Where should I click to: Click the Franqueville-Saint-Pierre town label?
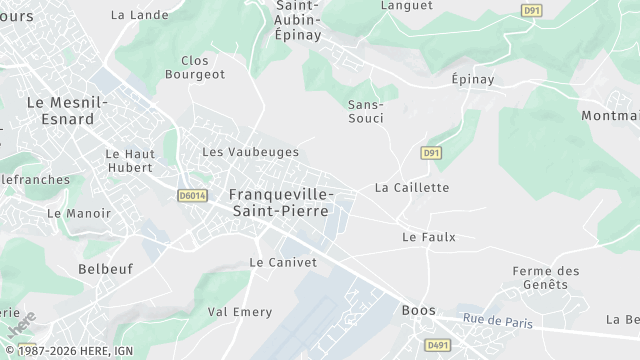tap(281, 202)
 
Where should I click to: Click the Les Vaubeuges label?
tap(250, 152)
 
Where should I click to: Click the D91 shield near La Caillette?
tap(431, 153)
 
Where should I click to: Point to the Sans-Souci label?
tap(366, 111)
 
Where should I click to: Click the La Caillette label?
tap(412, 187)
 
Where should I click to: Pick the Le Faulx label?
tap(428, 237)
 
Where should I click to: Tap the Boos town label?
tap(418, 310)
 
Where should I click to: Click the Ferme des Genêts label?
tap(545, 277)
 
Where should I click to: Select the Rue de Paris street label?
tap(497, 321)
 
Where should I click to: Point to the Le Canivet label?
tap(282, 262)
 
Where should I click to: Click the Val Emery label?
tap(239, 312)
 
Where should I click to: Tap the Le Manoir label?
tap(78, 213)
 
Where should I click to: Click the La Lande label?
tap(139, 15)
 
